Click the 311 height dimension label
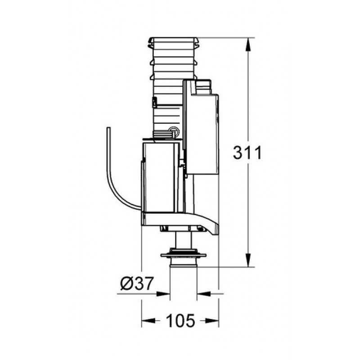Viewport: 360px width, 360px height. (x=247, y=153)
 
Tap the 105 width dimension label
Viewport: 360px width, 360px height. (x=180, y=320)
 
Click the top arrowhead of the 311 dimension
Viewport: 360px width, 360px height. (x=248, y=45)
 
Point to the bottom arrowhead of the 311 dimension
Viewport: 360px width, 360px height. (x=248, y=260)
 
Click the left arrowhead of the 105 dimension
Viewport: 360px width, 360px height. (x=148, y=320)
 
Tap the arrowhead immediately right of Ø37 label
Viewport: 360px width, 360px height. (x=163, y=294)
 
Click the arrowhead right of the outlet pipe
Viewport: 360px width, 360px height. (x=204, y=294)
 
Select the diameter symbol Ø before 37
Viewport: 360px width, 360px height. (x=126, y=283)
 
